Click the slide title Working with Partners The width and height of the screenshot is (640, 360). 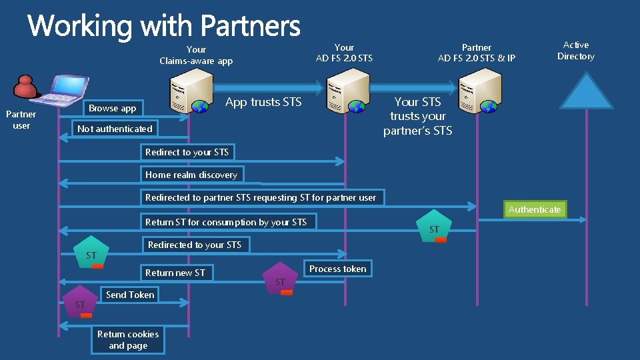tap(164, 26)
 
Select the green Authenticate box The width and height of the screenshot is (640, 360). tap(535, 209)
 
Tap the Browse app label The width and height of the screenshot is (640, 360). tap(112, 108)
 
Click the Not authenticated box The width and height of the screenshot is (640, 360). tap(115, 129)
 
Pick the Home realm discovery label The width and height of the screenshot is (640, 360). tap(191, 175)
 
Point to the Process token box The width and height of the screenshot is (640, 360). tap(337, 269)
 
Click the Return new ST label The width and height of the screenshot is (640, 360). tap(175, 272)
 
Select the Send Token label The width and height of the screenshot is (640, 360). tap(130, 295)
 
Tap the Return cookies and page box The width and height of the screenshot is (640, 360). tap(128, 340)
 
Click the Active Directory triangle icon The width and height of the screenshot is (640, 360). tap(585, 92)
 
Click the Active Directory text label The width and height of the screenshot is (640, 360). tap(576, 51)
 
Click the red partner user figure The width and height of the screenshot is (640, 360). tap(26, 87)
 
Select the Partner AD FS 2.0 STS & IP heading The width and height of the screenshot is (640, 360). tap(476, 53)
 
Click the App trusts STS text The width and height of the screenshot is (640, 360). tap(263, 102)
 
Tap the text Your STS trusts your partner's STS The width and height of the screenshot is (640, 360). tap(417, 116)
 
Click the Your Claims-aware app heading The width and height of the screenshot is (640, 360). tap(196, 55)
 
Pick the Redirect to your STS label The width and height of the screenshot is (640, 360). tap(187, 152)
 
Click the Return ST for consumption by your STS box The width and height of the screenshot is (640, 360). tap(226, 222)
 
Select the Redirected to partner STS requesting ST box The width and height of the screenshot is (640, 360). tap(261, 197)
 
